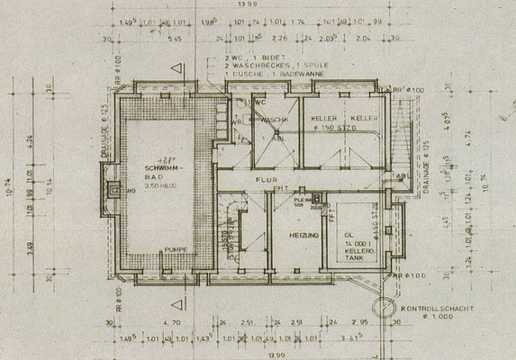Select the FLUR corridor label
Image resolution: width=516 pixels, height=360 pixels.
[x=265, y=179]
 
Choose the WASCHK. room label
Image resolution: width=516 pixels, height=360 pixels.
[x=276, y=119]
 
